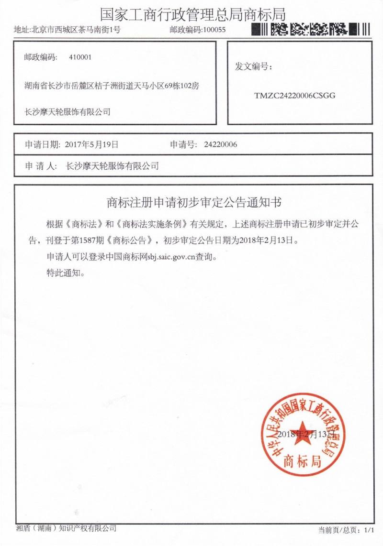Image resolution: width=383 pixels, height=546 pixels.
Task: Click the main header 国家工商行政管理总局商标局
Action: pos(193,14)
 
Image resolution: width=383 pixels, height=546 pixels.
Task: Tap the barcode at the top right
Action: pos(311,30)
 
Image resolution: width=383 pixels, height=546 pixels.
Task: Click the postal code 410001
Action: pos(80,57)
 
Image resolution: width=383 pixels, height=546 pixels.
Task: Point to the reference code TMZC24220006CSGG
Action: pos(295,95)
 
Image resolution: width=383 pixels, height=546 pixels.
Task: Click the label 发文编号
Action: pos(253,66)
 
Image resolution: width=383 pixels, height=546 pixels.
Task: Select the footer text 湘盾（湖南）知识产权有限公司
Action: pos(66,528)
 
